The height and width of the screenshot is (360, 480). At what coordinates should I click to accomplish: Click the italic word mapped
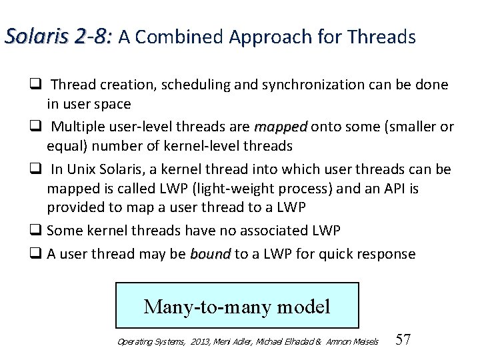point(281,127)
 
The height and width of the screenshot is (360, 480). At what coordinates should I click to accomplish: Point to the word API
point(392,189)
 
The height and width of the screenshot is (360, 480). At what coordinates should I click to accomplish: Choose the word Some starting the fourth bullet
point(64,231)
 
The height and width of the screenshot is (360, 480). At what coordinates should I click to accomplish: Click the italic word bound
point(210,254)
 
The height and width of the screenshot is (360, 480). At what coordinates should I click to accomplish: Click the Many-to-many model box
point(237,305)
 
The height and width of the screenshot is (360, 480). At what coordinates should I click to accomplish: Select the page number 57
point(403,339)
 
